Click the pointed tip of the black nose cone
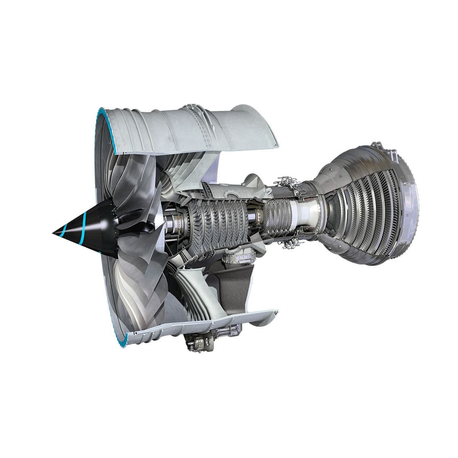click(54, 233)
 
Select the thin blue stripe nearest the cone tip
click(64, 231)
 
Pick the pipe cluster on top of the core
click(289, 183)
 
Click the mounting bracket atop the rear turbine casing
click(378, 146)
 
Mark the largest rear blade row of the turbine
click(388, 210)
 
